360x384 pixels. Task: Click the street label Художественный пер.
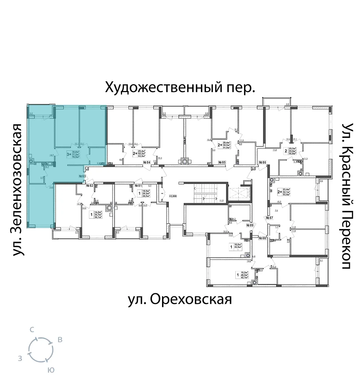pos(180,87)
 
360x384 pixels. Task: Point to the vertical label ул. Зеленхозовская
pos(18,190)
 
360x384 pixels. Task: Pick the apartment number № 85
pos(222,163)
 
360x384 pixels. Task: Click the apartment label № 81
pos(139,186)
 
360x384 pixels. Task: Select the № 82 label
pos(90,186)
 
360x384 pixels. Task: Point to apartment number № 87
pos(270,218)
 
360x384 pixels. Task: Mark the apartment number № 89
pos(249,225)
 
